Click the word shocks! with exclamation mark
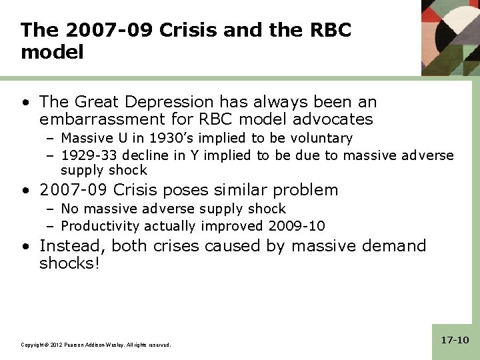69,263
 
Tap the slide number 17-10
455,340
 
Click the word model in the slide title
52,52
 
